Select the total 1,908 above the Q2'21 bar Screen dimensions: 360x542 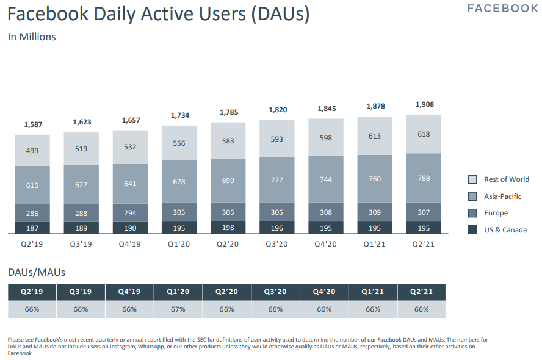point(424,104)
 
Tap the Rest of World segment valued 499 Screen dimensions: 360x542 point(32,150)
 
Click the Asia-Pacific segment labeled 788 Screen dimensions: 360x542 point(424,178)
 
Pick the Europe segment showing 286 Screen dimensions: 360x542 point(32,214)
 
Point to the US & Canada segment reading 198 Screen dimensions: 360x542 point(228,228)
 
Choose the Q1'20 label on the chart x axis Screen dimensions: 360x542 point(179,243)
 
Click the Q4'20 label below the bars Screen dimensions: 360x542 point(325,243)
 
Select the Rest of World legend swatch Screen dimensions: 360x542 point(472,179)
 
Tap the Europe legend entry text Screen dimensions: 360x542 point(496,213)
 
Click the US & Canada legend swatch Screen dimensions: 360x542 point(472,230)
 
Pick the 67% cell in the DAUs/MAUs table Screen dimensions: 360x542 point(178,309)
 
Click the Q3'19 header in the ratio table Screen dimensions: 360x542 point(81,292)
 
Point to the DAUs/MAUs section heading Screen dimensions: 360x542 point(36,272)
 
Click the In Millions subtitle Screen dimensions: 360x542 point(32,37)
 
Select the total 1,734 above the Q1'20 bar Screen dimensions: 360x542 point(179,115)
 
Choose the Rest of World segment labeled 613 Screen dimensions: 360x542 point(374,137)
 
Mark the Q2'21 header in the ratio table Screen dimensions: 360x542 point(421,292)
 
